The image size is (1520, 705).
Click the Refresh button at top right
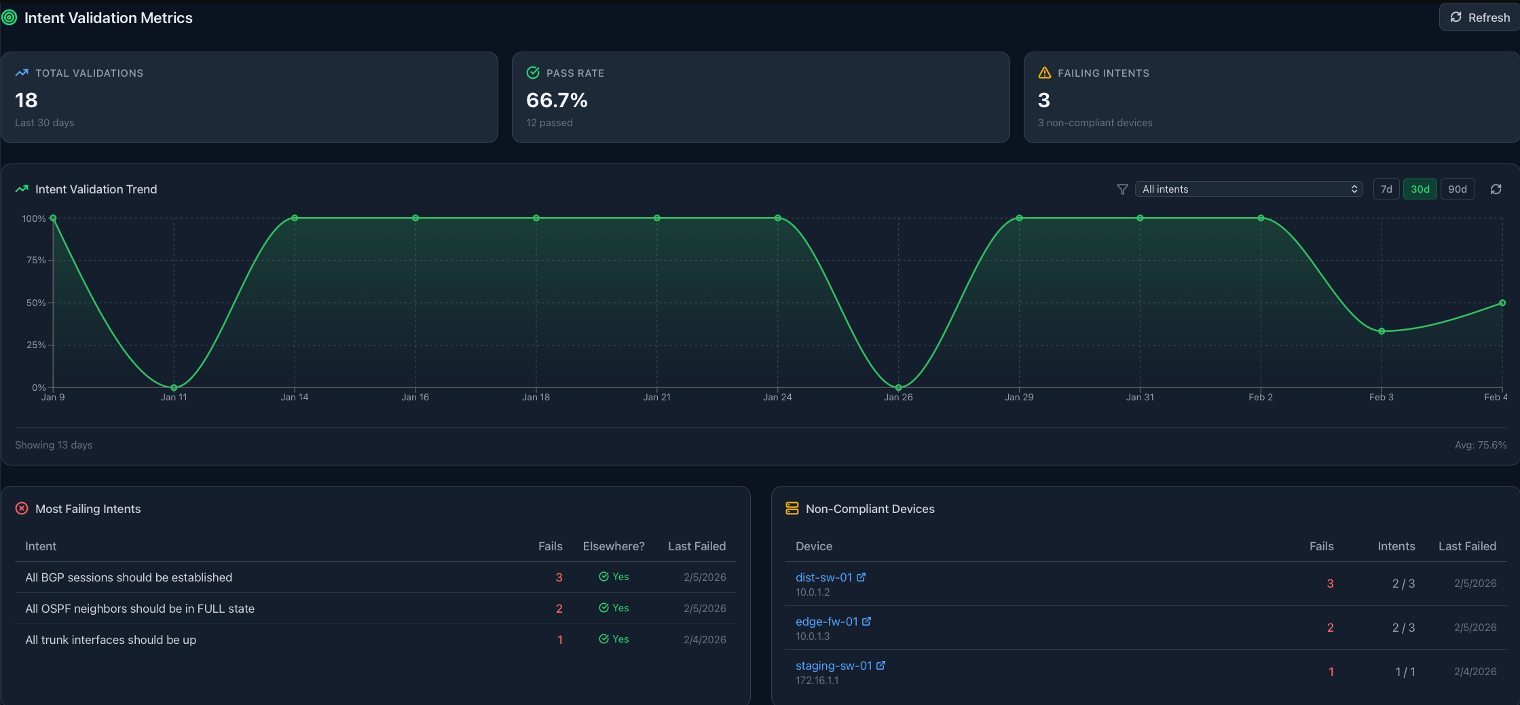click(x=1480, y=18)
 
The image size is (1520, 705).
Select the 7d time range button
click(x=1386, y=189)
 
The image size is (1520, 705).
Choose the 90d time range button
click(x=1457, y=189)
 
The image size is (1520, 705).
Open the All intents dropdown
click(x=1249, y=189)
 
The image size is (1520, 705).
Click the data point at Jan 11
click(x=174, y=387)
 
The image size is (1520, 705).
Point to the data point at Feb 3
click(x=1382, y=331)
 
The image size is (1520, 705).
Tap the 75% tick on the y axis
click(x=36, y=261)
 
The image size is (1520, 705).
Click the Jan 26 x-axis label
click(x=898, y=398)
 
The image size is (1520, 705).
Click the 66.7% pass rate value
click(x=557, y=100)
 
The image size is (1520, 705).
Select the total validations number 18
click(x=26, y=100)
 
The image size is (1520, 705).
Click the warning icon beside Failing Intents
click(x=1045, y=73)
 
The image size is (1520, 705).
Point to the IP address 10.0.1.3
click(x=813, y=636)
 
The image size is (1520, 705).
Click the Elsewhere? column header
click(x=613, y=546)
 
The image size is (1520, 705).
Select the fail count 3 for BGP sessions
click(x=559, y=577)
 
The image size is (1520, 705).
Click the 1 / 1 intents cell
click(x=1405, y=672)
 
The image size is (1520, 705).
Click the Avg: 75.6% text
click(x=1480, y=445)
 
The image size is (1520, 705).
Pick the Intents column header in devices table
click(x=1396, y=546)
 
